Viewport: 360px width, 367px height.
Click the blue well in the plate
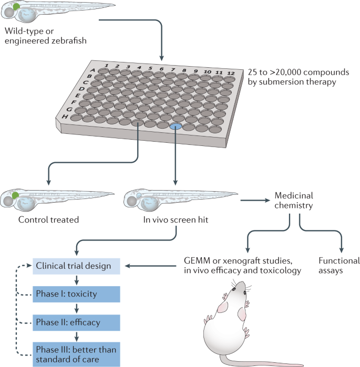coord(177,127)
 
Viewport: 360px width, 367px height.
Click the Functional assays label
coord(339,266)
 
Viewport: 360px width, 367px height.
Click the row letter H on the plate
coord(64,116)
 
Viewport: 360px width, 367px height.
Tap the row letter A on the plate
coord(92,69)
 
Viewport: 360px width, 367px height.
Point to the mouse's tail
coord(273,362)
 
